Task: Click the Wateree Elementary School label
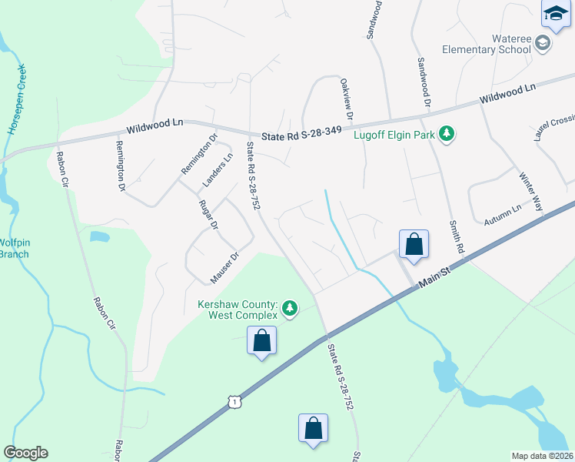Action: (486, 44)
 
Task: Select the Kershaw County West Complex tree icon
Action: (289, 309)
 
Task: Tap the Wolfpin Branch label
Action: (14, 249)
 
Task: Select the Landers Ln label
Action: (218, 170)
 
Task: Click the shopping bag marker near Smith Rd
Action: (414, 244)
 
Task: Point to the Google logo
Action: (25, 453)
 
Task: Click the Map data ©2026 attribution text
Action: (542, 456)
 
